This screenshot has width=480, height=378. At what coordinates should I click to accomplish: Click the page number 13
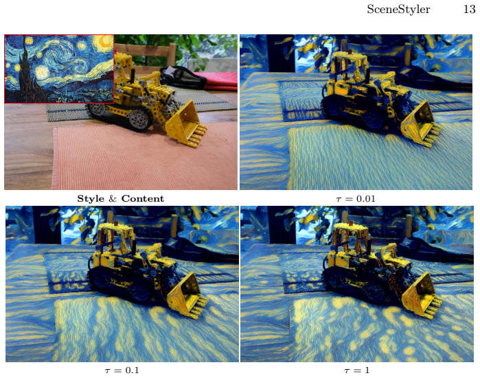(469, 9)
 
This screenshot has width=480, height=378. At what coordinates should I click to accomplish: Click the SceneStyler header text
(398, 10)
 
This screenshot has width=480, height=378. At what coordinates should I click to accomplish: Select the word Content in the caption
(143, 198)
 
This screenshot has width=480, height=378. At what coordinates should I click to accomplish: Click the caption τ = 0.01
(356, 199)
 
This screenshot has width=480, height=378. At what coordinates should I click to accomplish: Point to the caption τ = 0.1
(122, 370)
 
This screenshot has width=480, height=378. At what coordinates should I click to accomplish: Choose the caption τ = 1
(357, 370)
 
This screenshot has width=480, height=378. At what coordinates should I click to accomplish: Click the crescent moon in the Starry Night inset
(106, 42)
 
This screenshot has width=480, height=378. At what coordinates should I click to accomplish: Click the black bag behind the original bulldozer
(183, 76)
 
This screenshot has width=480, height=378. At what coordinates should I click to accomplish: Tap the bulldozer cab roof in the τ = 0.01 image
(348, 56)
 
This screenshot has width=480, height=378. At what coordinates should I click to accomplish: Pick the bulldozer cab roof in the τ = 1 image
(350, 228)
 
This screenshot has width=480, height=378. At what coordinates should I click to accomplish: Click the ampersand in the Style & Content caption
(113, 199)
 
